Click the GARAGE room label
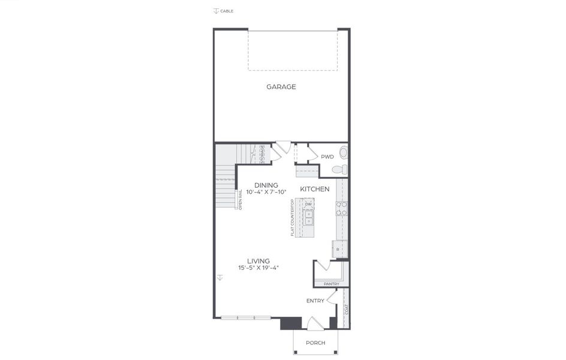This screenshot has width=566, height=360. [x=281, y=87]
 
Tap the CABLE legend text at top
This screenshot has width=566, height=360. [x=227, y=11]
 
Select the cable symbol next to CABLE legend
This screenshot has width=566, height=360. [x=216, y=11]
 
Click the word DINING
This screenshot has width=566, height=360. [x=266, y=185]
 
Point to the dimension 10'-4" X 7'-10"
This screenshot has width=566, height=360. [x=266, y=192]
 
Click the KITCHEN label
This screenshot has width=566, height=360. [x=315, y=189]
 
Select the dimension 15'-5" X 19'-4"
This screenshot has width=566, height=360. [x=258, y=268]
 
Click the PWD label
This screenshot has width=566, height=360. [x=327, y=157]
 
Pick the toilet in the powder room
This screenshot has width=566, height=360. [x=338, y=169]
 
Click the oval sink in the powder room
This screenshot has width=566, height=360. [x=344, y=152]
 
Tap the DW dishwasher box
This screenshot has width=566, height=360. [x=309, y=204]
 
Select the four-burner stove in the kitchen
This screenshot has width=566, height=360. [x=342, y=208]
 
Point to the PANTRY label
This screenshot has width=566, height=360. [x=331, y=284]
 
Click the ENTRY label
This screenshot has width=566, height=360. [x=315, y=301]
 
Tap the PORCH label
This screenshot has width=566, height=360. [x=315, y=343]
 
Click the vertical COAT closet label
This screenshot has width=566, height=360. [x=346, y=310]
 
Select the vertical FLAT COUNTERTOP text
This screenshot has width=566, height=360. [x=293, y=217]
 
